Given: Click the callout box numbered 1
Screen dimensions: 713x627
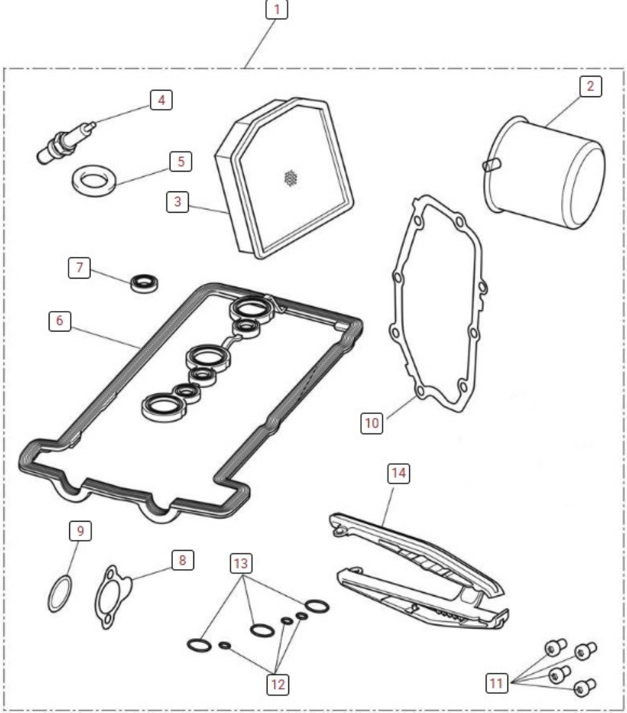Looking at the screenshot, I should click(277, 9).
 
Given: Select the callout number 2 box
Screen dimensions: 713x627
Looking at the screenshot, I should click(591, 86).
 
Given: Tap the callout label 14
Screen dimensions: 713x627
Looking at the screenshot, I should click(399, 473).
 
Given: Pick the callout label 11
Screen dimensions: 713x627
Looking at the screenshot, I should click(496, 685).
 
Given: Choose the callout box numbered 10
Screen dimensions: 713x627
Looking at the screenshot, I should click(372, 423).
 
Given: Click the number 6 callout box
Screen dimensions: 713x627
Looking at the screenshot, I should click(59, 320).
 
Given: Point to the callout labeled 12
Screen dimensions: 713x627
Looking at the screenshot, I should click(277, 685).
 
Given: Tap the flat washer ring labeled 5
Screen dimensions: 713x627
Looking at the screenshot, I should click(94, 180).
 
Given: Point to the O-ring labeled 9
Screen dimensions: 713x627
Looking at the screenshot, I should click(61, 592).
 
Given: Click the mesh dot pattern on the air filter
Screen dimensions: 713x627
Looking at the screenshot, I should click(288, 178).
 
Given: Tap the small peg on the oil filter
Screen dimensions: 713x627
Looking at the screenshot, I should click(492, 164).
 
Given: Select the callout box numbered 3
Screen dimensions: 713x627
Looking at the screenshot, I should click(177, 202).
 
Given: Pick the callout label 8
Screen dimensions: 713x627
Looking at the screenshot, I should click(182, 560).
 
